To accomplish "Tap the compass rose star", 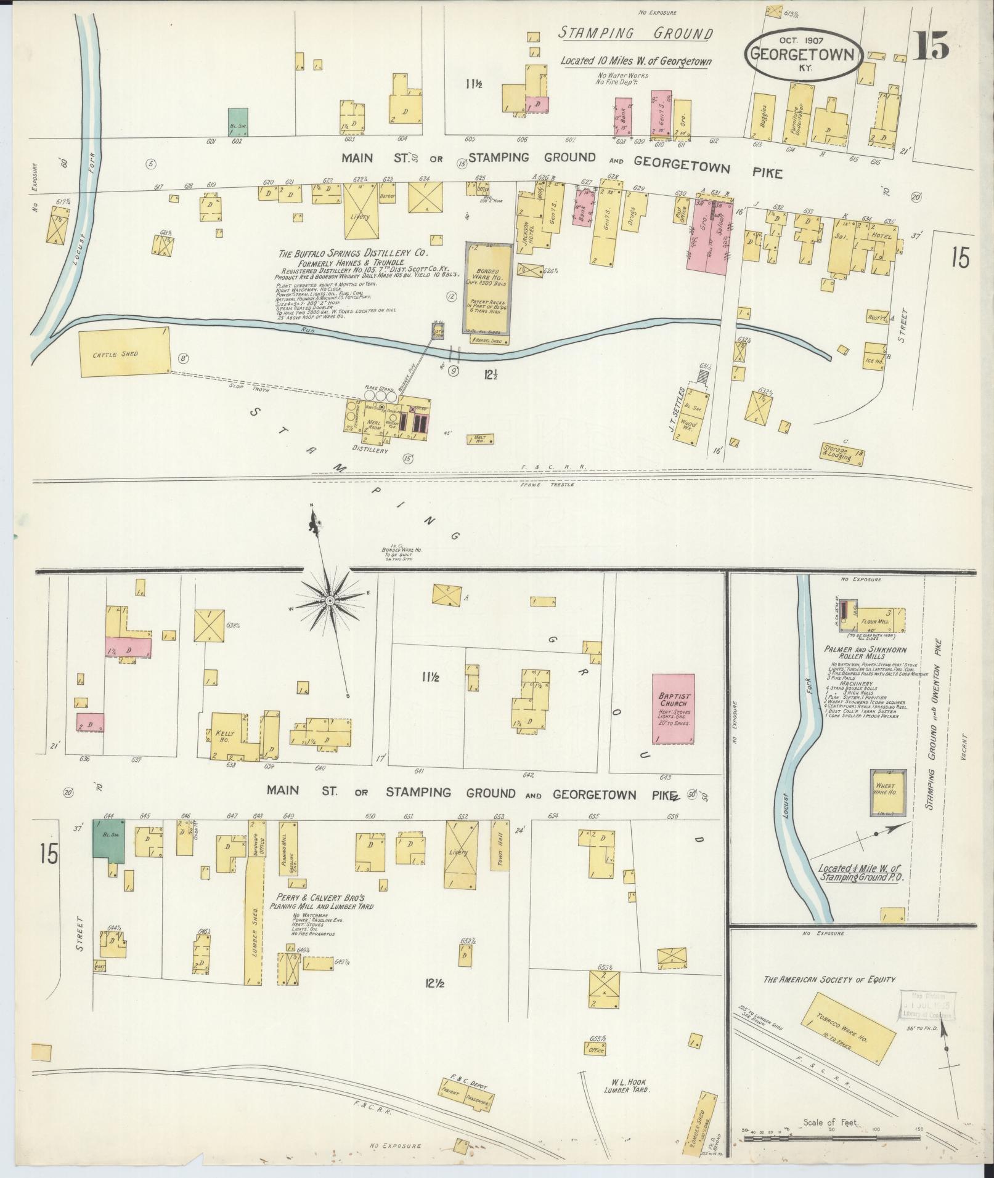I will point(330,600).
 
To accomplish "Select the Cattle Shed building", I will point(124,351).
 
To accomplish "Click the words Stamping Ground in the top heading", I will point(635,34).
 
